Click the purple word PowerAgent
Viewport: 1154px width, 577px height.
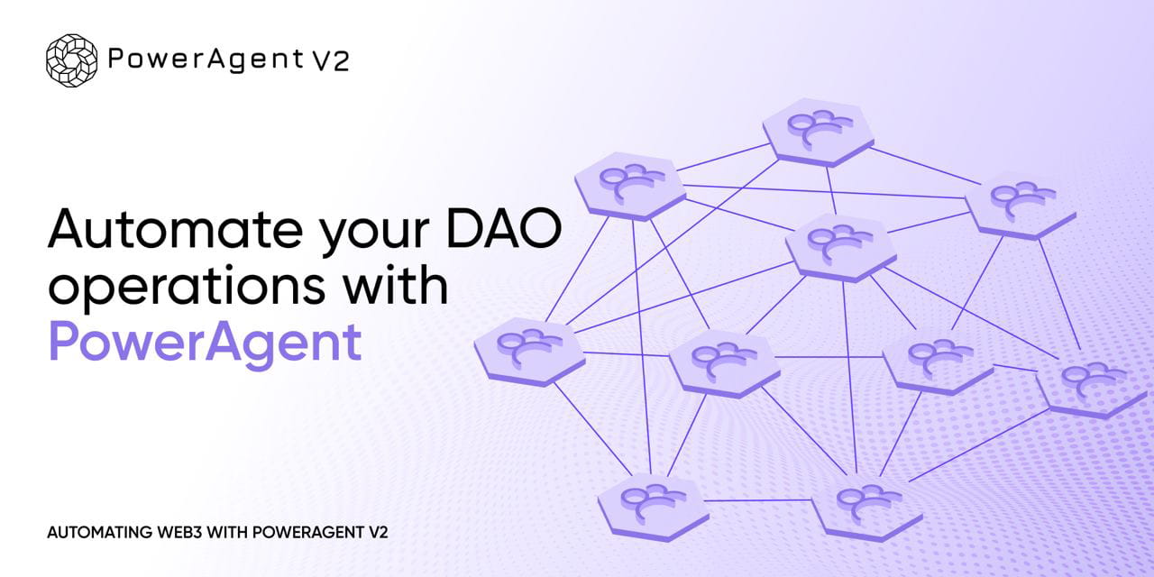205,343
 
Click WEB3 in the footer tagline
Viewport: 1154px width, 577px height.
178,532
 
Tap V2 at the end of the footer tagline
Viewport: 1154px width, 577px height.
378,532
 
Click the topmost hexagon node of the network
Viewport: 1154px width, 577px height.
818,132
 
